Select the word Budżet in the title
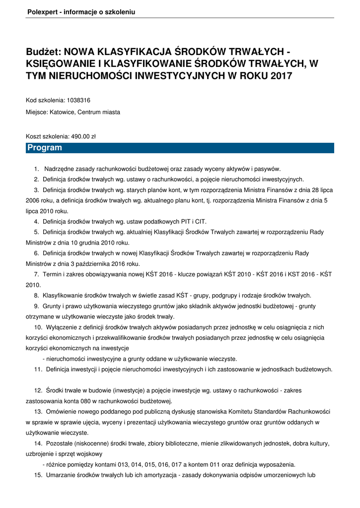point(43,52)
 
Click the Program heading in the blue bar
point(45,148)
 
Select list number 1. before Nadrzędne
point(37,169)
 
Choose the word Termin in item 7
point(52,274)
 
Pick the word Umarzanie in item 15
point(60,475)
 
